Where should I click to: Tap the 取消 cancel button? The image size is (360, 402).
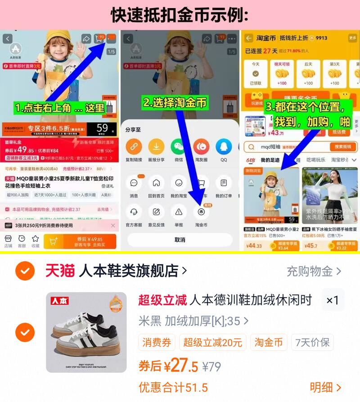[180, 239]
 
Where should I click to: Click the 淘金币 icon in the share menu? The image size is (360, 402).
[201, 212]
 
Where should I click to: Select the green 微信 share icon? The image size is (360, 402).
[179, 147]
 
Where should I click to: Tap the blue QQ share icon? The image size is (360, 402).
[224, 147]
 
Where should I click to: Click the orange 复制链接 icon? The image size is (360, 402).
[134, 147]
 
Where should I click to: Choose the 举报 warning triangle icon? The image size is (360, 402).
[179, 212]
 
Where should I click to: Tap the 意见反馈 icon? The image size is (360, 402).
[156, 212]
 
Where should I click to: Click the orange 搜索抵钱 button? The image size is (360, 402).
[343, 147]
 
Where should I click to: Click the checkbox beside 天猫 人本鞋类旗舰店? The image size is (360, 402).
[23, 271]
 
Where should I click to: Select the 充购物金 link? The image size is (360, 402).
[314, 271]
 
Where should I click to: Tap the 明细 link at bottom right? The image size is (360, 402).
[325, 387]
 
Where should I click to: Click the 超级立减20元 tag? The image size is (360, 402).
[212, 343]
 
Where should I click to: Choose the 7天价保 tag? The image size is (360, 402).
[312, 343]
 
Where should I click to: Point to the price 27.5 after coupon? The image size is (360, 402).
[184, 366]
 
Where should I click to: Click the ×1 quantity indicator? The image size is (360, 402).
[333, 300]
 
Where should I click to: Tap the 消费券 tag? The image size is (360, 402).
[157, 343]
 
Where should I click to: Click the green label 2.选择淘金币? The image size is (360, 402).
[175, 103]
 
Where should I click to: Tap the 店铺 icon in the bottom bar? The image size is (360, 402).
[8, 241]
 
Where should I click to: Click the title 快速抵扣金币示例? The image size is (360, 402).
[180, 15]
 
